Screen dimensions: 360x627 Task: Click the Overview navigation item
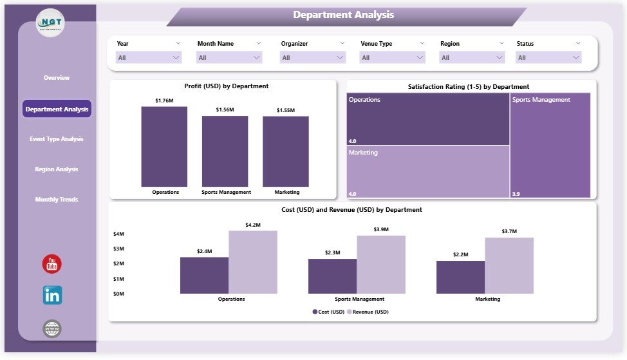tap(57, 78)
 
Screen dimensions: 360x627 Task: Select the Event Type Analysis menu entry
tap(57, 139)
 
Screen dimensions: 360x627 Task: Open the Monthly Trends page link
tap(57, 200)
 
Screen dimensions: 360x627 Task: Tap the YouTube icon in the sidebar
tap(51, 264)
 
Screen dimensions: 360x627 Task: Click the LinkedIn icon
tap(52, 296)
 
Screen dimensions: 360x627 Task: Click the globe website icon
tap(52, 329)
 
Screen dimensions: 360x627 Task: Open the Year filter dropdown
tap(149, 57)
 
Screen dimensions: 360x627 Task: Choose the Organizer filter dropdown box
tap(313, 57)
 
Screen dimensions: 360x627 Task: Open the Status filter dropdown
tap(548, 57)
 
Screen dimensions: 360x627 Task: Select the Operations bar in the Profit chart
tap(164, 147)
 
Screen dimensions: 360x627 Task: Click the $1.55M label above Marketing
tap(285, 111)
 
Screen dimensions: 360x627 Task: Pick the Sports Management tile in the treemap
tap(550, 146)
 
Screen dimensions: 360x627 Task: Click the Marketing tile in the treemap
tap(428, 171)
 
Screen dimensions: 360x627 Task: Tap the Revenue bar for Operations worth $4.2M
tap(252, 262)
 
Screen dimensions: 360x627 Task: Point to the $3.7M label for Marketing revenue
tap(509, 231)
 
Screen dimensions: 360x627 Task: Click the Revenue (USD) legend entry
tap(368, 312)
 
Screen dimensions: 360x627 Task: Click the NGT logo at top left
tap(50, 23)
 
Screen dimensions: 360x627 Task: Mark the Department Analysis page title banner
tap(344, 15)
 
